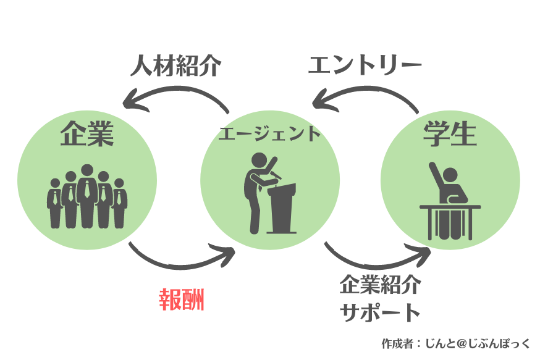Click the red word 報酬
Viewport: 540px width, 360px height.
[181, 299]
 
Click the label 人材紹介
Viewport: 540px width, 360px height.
[175, 66]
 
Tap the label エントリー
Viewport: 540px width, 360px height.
[365, 65]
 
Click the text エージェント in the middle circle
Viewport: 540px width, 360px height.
[270, 133]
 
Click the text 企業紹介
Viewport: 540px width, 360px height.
[380, 286]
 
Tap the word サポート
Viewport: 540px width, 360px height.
[381, 312]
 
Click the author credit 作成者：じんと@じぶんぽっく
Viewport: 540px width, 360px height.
[456, 343]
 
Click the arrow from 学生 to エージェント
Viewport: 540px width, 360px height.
[365, 93]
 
